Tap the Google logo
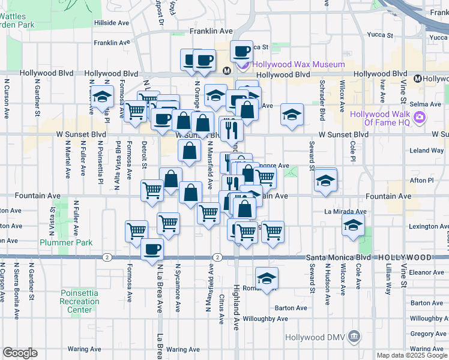coord(20,353)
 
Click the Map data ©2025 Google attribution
coord(411,355)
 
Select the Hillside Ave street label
coord(112,23)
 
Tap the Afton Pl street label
coord(421,180)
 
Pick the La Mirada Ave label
coord(345,211)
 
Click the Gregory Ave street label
coord(429,334)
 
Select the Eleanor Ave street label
coord(427,272)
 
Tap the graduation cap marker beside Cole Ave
coord(353,226)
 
